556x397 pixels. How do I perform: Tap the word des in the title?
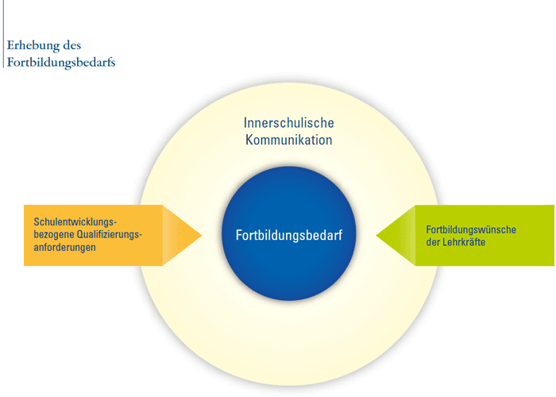click(72, 45)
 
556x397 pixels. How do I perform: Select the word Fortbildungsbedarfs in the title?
click(61, 63)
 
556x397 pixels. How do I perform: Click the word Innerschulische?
click(288, 123)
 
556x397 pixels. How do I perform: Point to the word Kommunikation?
click(288, 140)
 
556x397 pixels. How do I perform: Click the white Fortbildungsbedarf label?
click(289, 235)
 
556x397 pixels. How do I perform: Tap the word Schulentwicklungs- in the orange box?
click(75, 222)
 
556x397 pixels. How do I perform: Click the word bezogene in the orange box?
click(54, 235)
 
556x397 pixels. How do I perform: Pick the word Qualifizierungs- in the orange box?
click(110, 235)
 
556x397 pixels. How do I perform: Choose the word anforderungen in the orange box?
click(64, 248)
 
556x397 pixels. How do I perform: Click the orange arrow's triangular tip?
click(202, 235)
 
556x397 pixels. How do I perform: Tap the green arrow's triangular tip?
click(376, 235)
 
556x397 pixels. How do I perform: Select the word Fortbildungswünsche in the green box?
click(471, 229)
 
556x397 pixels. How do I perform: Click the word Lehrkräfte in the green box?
click(463, 242)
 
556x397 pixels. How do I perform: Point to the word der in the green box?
click(433, 242)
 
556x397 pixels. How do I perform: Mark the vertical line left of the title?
click(3, 33)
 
